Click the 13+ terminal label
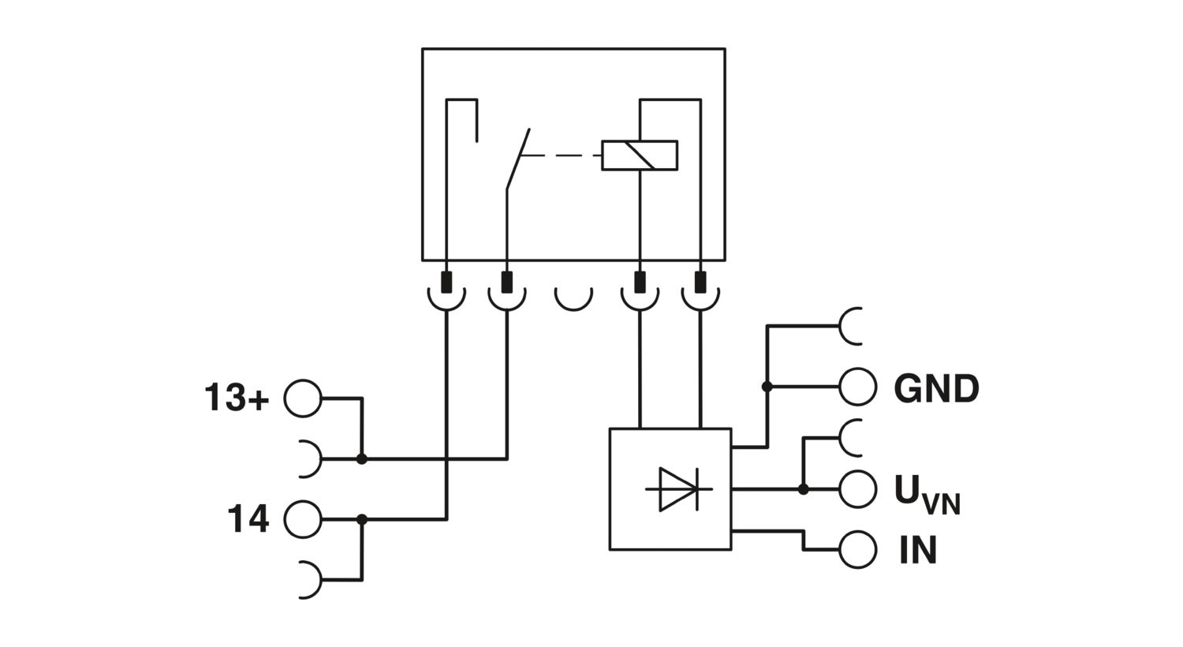click(237, 398)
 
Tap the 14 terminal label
click(248, 518)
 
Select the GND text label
click(936, 388)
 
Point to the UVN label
click(927, 495)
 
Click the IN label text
click(918, 550)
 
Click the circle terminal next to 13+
click(303, 398)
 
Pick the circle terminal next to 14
click(303, 520)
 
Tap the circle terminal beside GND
click(858, 387)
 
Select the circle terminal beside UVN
click(858, 489)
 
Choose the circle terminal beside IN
click(858, 549)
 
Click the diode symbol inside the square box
click(678, 489)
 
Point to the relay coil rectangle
click(640, 155)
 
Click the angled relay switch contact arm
click(518, 159)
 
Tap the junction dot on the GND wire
click(767, 387)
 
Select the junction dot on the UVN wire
click(804, 490)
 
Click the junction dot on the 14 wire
click(362, 520)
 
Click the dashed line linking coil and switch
click(561, 155)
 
